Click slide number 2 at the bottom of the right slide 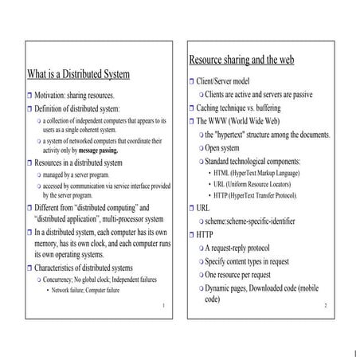tap(325, 306)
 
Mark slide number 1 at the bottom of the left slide tap(162, 306)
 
